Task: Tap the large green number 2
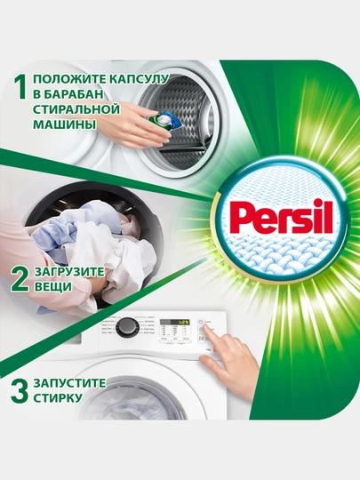click(x=20, y=279)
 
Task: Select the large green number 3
click(x=20, y=390)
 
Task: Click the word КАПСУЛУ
click(x=139, y=80)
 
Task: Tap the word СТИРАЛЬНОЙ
click(x=76, y=109)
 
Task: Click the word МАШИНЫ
click(x=63, y=124)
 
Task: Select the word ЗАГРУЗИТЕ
click(x=69, y=272)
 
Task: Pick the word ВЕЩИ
click(x=53, y=287)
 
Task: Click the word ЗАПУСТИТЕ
click(x=70, y=383)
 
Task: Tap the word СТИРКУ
click(x=58, y=398)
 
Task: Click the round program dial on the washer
click(x=124, y=327)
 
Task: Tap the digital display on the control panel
click(x=175, y=322)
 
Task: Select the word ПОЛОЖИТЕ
click(x=69, y=80)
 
